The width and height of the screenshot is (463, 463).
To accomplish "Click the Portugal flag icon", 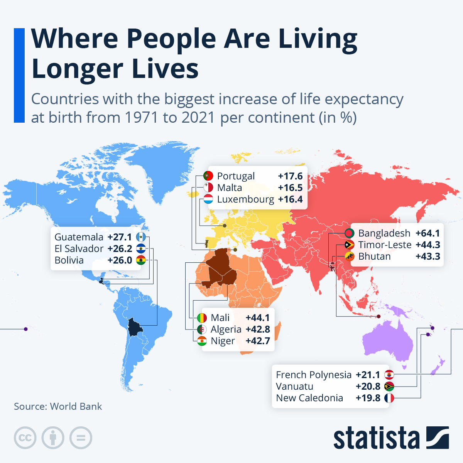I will pyautogui.click(x=208, y=176).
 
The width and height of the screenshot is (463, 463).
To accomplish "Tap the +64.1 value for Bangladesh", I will pyautogui.click(x=428, y=233).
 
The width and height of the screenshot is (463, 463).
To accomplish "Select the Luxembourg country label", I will pyautogui.click(x=245, y=199).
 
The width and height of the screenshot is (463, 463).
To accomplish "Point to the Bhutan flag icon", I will pyautogui.click(x=350, y=256).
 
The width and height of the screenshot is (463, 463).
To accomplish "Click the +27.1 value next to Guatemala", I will pyautogui.click(x=120, y=237).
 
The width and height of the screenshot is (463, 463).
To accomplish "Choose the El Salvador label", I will pyautogui.click(x=79, y=248).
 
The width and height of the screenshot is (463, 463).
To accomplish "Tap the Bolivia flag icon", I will pyautogui.click(x=141, y=260).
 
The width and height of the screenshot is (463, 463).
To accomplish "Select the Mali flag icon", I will pyautogui.click(x=202, y=318).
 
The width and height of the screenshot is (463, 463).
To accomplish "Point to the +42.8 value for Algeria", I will pyautogui.click(x=258, y=329).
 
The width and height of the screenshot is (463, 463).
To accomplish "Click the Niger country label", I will pyautogui.click(x=223, y=341).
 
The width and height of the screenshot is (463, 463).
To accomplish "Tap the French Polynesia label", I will pyautogui.click(x=314, y=375).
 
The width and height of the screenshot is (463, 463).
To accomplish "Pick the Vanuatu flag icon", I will pyautogui.click(x=389, y=386).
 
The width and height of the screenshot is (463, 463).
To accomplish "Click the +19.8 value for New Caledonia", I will pyautogui.click(x=368, y=398).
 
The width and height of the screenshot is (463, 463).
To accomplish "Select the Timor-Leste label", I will pyautogui.click(x=385, y=245).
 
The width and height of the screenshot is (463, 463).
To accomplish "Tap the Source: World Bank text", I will pyautogui.click(x=58, y=406).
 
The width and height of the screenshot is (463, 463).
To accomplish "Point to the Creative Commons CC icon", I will pyautogui.click(x=25, y=438).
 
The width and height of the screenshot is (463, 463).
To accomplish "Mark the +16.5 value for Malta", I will pyautogui.click(x=290, y=188).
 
